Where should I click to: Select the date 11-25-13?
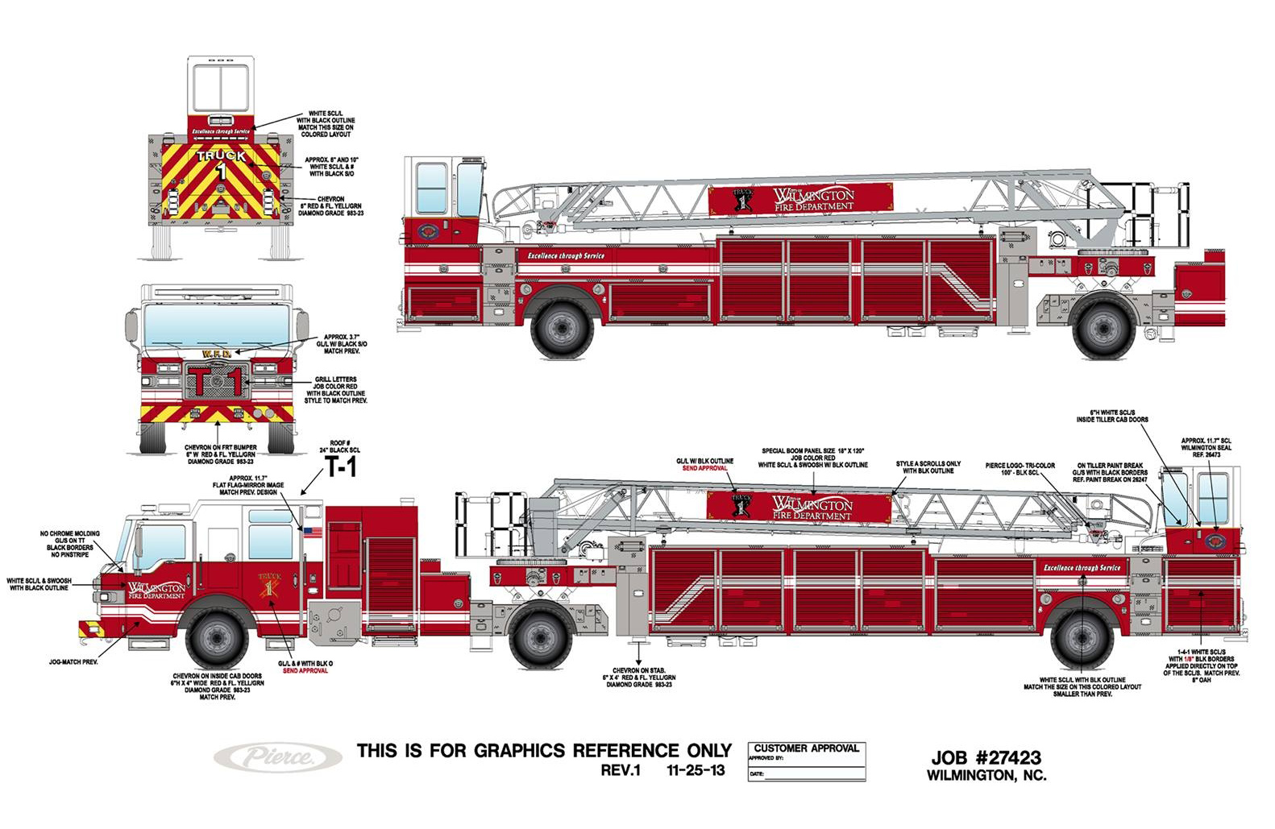pos(696,770)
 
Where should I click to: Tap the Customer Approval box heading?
pos(807,748)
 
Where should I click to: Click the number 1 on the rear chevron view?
pos(221,172)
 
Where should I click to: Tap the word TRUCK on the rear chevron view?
pos(221,155)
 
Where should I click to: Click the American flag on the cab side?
pos(311,531)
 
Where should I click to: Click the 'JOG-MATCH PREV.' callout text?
pos(73,661)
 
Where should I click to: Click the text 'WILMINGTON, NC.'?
pos(986,776)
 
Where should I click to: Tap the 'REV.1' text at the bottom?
pos(620,770)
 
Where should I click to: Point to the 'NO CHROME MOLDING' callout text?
pos(70,533)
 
